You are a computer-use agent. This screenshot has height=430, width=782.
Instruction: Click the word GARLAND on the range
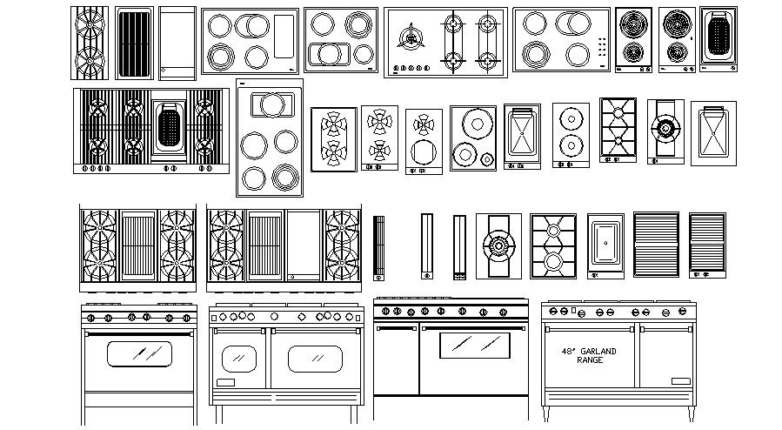coord(599,352)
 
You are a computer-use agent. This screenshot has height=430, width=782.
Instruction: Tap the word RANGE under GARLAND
coord(590,360)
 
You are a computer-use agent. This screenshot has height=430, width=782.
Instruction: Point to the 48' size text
coord(570,352)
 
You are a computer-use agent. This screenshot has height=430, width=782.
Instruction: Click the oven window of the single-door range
coord(139,353)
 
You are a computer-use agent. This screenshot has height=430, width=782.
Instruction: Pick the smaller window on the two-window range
coord(238,358)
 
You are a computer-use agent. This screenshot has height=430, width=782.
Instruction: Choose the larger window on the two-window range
coord(315,358)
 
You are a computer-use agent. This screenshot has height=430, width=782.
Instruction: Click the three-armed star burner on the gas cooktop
coord(410,37)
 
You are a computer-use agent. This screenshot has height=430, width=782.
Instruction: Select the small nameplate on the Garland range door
coord(679,380)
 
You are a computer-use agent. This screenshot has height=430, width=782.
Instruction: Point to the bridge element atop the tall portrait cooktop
coord(270,104)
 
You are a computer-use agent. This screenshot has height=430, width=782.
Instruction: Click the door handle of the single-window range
coord(139,333)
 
